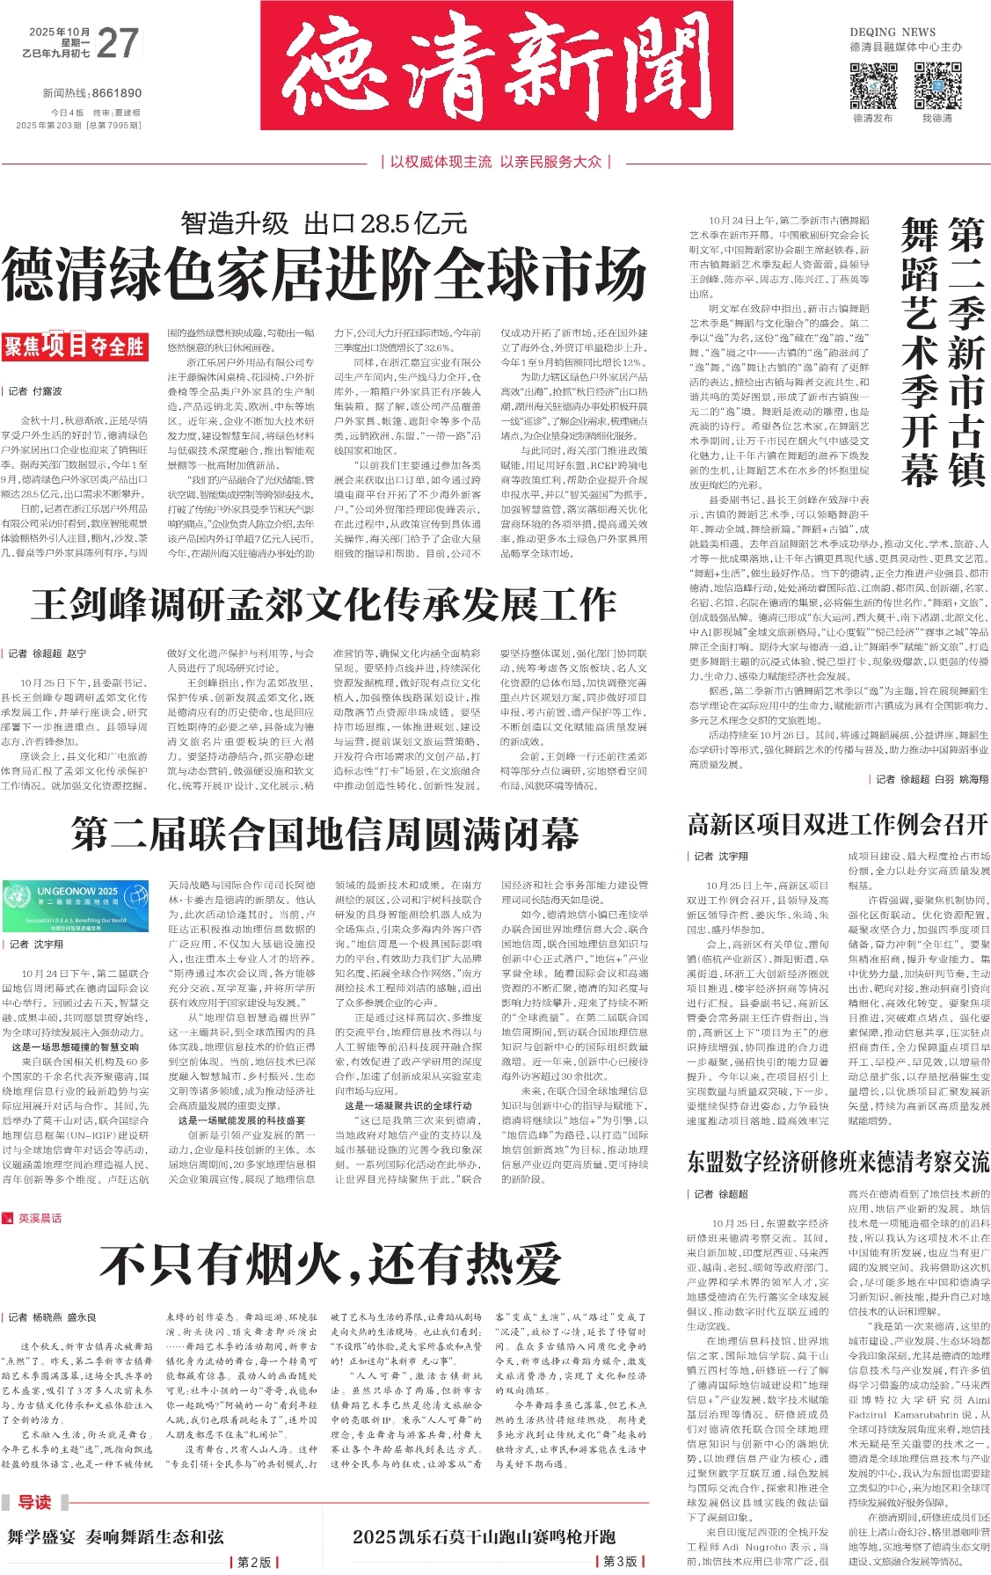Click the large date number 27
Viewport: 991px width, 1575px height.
tap(118, 43)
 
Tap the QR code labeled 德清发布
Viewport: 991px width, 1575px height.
tap(872, 85)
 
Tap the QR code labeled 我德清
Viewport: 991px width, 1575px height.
tap(936, 85)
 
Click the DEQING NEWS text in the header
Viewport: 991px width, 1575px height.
tap(893, 32)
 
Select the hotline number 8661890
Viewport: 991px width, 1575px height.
tap(116, 93)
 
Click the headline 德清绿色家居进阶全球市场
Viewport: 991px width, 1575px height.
tap(324, 274)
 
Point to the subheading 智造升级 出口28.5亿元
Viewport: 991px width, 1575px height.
tap(324, 223)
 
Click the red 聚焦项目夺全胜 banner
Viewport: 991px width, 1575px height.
tap(74, 346)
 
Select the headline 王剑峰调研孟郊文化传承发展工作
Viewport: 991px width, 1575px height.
tap(324, 604)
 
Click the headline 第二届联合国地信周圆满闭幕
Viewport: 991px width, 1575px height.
tap(324, 833)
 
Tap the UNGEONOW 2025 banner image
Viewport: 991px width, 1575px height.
tap(76, 906)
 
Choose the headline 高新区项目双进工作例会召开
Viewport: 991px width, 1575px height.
tap(837, 824)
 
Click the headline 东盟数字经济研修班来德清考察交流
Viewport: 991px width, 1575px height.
tap(837, 1162)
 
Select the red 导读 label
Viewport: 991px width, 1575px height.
tap(35, 1502)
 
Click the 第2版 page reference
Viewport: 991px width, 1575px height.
tap(255, 1562)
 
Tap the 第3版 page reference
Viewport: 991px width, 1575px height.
tap(620, 1562)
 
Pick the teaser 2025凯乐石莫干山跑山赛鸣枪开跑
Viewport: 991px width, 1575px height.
tap(484, 1537)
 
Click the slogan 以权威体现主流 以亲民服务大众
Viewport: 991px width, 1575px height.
tap(496, 162)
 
